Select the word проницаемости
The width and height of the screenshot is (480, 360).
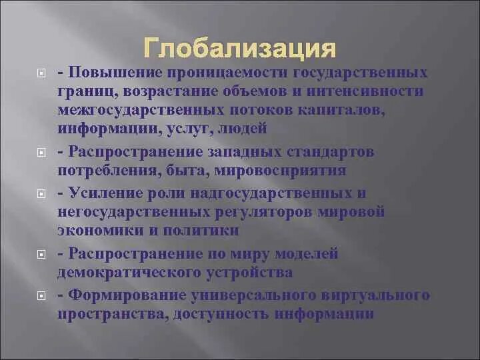pyautogui.click(x=207, y=72)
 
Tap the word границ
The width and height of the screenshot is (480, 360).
pyautogui.click(x=81, y=91)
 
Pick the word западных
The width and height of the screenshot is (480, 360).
pyautogui.click(x=247, y=152)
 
